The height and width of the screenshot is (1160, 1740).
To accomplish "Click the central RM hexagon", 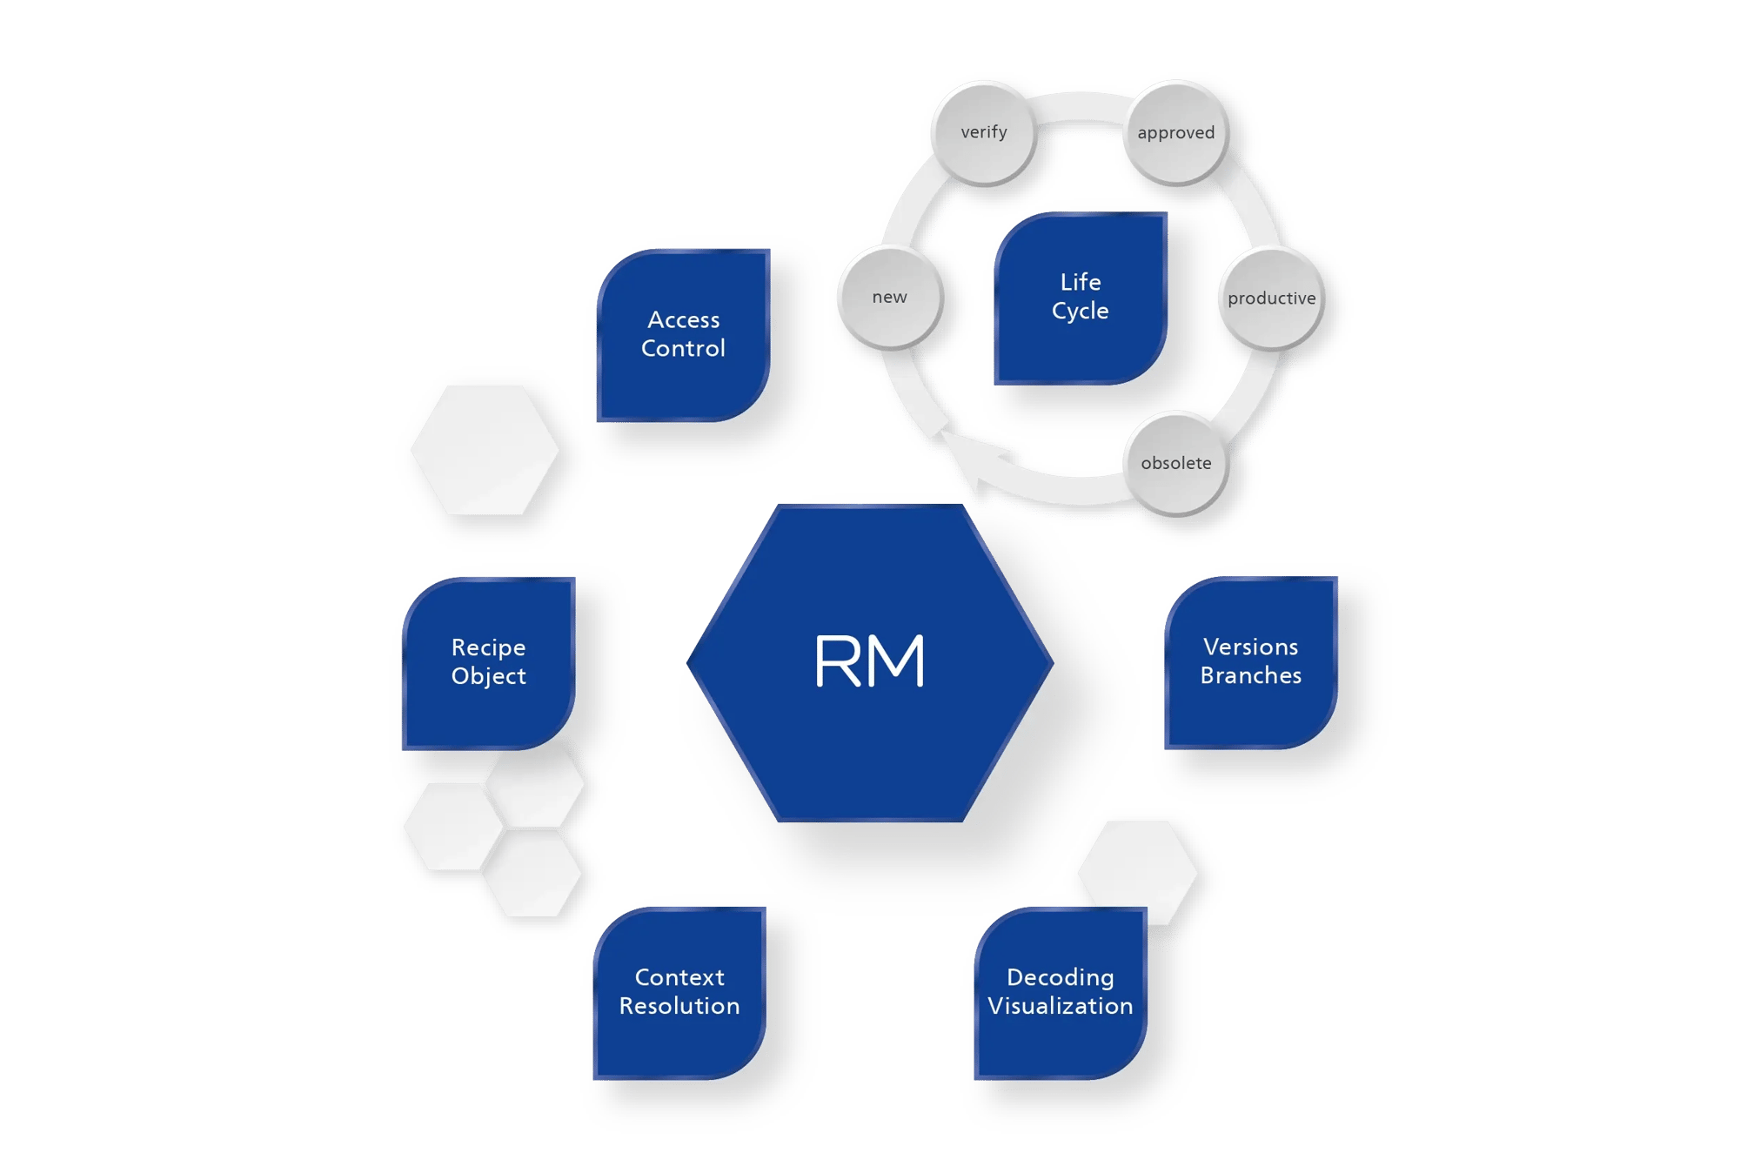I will click(870, 662).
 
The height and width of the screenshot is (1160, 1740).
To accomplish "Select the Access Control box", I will click(683, 335).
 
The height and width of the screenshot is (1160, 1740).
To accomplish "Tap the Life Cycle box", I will click(1080, 298).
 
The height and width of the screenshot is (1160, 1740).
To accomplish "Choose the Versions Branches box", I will click(1250, 661).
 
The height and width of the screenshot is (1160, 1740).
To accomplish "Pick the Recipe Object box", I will click(488, 662).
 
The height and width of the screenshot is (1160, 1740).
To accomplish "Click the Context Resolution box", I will click(679, 992).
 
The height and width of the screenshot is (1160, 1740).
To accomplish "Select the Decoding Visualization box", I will click(1060, 992).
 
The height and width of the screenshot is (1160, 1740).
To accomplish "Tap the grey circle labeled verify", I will click(984, 132).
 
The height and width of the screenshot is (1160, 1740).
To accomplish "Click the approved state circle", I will click(1176, 133).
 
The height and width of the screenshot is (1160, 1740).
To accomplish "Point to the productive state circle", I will click(1271, 298).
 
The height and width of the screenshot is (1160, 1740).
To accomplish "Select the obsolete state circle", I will click(1176, 464).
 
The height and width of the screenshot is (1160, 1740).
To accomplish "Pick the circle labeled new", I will click(889, 298).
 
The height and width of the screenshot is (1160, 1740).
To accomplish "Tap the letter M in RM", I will click(897, 661).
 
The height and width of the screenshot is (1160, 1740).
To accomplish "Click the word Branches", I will click(1251, 676).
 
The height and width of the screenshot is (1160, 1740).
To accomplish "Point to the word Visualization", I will click(1061, 1007).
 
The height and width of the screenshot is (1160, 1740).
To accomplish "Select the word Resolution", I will click(679, 1007).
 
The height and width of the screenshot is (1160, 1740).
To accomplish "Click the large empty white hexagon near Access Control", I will click(485, 450).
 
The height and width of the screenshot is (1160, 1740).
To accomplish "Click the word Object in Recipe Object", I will click(488, 677).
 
